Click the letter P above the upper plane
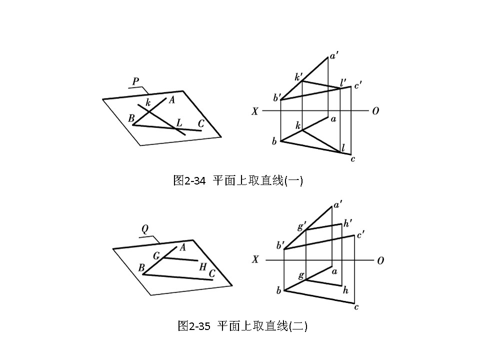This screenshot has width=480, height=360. tap(135, 80)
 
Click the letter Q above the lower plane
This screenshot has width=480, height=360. tap(145, 229)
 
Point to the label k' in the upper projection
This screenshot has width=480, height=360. tap(299, 77)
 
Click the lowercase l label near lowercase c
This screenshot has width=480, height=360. tap(343, 147)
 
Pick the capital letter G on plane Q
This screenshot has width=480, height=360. tap(156, 256)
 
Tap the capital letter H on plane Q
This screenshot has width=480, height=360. tap(202, 266)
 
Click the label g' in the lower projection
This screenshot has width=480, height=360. tap(301, 226)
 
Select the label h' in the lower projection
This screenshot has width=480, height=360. tap(348, 223)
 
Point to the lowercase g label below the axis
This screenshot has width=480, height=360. tap(301, 275)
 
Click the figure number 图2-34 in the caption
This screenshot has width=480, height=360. tap(189, 180)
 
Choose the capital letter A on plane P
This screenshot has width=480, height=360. tap(171, 100)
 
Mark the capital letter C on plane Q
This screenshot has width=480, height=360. tap(212, 273)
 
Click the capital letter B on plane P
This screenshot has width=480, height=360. tap(131, 118)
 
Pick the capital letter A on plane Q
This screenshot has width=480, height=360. tap(182, 247)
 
